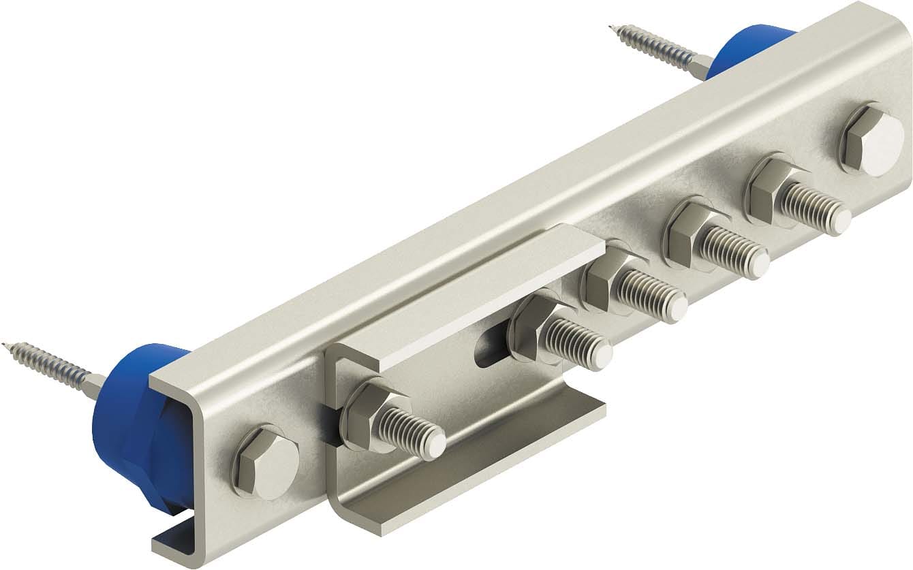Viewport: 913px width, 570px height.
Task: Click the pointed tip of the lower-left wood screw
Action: (5, 345)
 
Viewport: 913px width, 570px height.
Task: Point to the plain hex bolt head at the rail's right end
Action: (872, 140)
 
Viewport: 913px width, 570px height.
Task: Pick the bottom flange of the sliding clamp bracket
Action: (477, 463)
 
